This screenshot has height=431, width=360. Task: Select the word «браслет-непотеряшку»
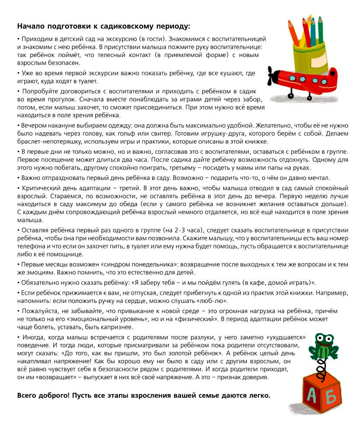44,142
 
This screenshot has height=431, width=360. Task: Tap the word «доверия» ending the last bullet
257,377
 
